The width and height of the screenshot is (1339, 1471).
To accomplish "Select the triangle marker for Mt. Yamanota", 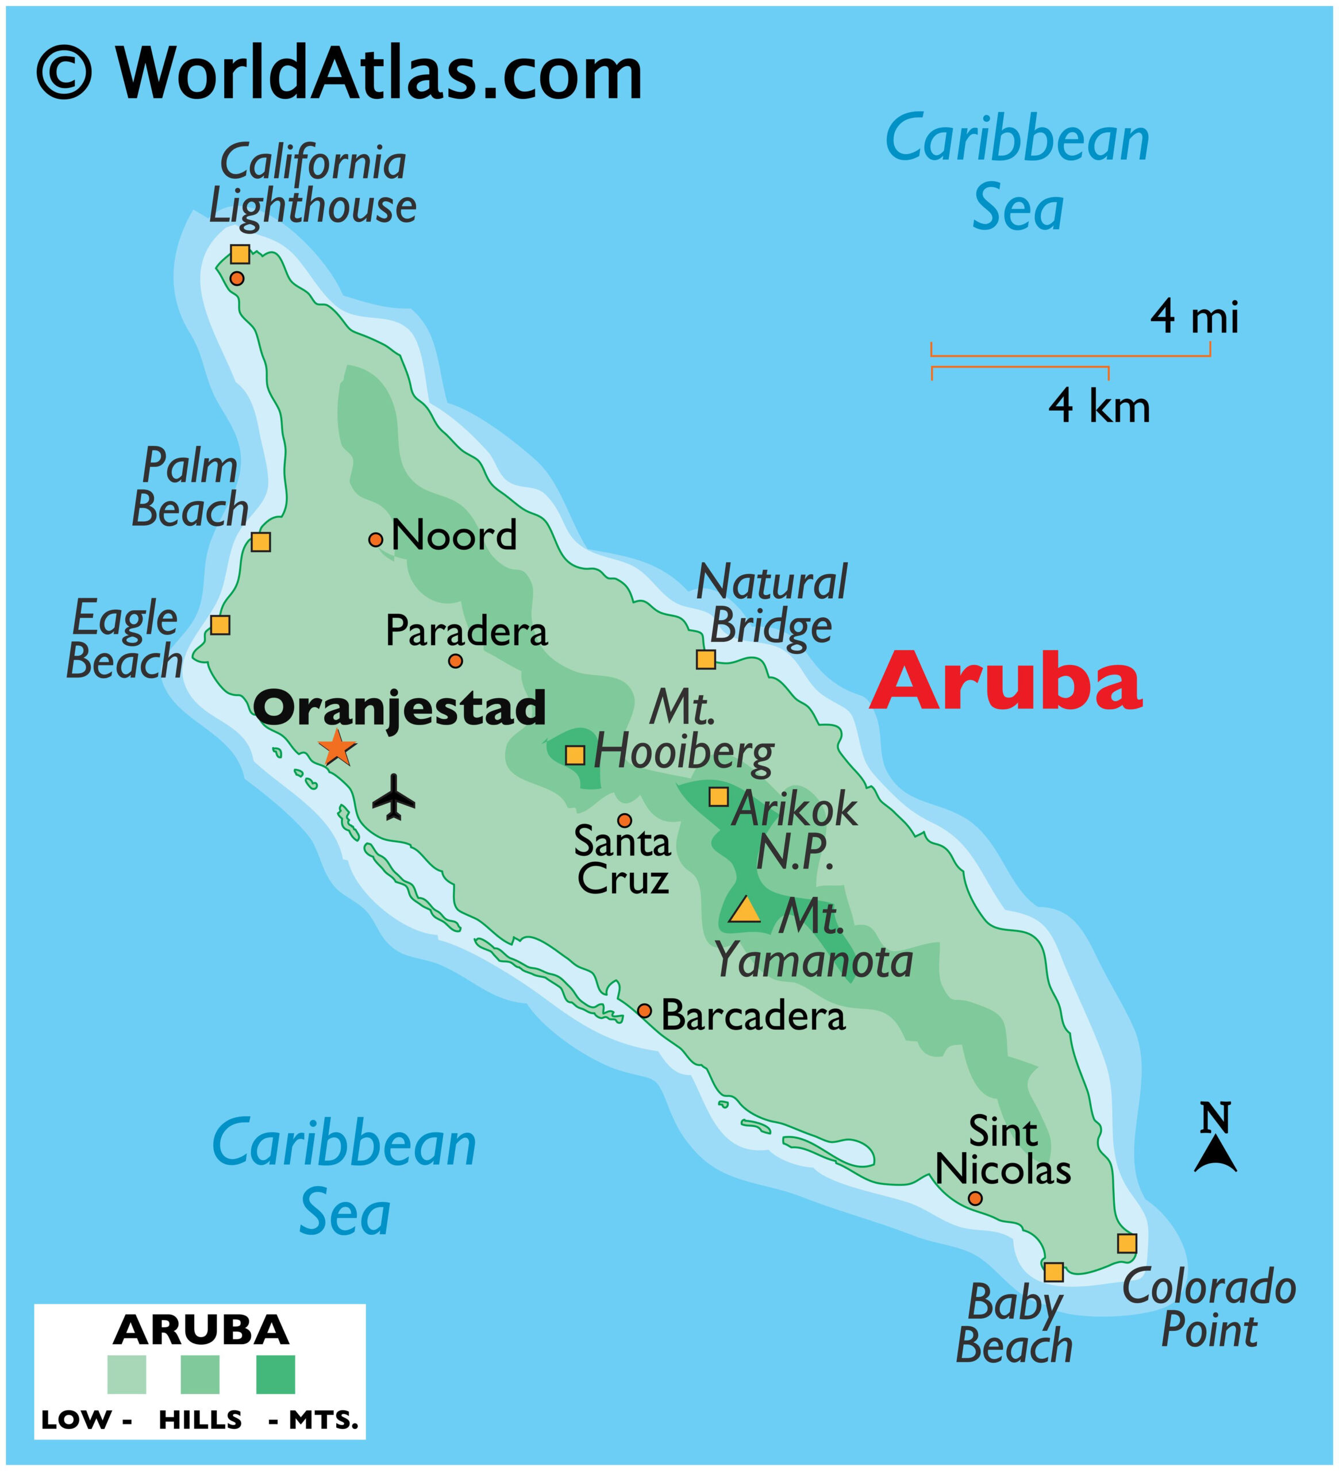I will [x=745, y=911].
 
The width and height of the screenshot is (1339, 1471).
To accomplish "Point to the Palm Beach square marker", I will [x=260, y=542].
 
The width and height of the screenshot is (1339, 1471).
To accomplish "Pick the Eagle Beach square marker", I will [x=220, y=625].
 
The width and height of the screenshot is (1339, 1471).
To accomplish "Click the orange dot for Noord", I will [x=376, y=540].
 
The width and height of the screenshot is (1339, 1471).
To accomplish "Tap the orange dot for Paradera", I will [x=455, y=661].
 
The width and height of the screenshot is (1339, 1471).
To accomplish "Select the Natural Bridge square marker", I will [x=706, y=660].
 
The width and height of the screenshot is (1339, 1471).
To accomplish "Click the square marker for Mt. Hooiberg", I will [x=575, y=755].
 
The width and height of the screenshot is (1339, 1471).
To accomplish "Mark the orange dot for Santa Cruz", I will [x=625, y=820].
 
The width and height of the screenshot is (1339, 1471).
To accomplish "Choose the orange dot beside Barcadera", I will [x=644, y=1011].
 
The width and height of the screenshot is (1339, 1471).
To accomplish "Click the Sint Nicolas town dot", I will [x=975, y=1198].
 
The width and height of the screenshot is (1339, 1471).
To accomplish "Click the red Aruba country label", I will [x=1006, y=681].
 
